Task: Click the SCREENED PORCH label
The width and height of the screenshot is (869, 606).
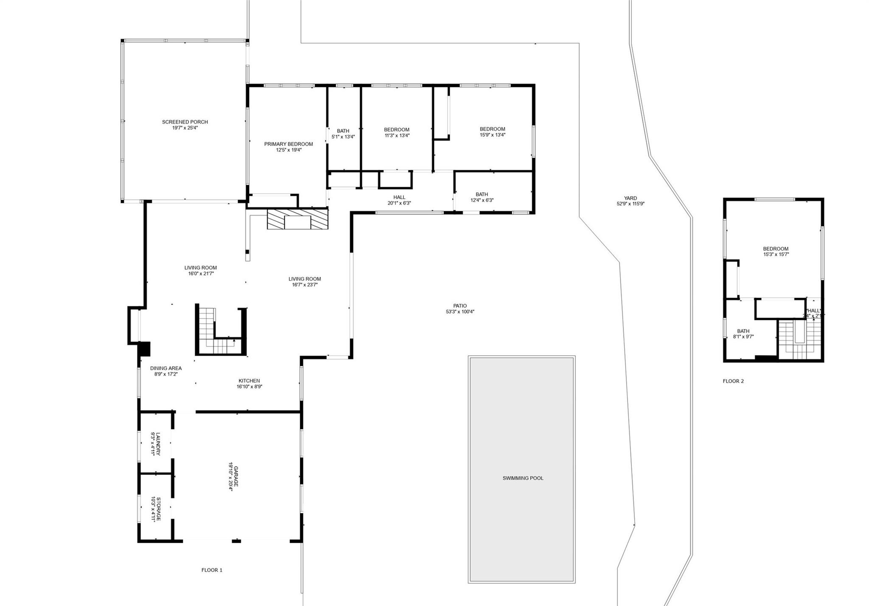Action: pyautogui.click(x=185, y=122)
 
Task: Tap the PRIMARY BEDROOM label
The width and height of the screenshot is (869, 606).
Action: pyautogui.click(x=289, y=144)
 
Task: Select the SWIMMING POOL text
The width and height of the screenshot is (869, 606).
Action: pyautogui.click(x=523, y=478)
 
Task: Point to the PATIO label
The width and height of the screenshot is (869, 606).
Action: pyautogui.click(x=460, y=306)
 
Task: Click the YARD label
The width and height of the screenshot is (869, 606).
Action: pyautogui.click(x=631, y=198)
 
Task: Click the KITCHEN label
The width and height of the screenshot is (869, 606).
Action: pyautogui.click(x=249, y=381)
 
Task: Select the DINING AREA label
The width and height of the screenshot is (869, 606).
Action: pyautogui.click(x=166, y=368)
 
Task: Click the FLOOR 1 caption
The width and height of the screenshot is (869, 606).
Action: pyautogui.click(x=212, y=570)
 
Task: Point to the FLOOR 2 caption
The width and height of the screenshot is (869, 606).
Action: pyautogui.click(x=733, y=381)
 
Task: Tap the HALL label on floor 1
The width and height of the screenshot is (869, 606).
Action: pyautogui.click(x=399, y=197)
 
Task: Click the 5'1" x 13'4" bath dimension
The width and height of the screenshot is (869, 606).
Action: pyautogui.click(x=343, y=137)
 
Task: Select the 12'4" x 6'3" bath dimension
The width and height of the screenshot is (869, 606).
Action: pyautogui.click(x=482, y=200)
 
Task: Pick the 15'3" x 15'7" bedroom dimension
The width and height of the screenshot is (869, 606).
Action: pyautogui.click(x=776, y=255)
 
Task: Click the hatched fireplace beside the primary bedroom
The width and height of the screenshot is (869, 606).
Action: pyautogui.click(x=297, y=219)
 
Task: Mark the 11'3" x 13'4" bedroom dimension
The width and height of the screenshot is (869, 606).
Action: pyautogui.click(x=397, y=136)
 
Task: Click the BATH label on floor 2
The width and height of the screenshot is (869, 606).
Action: pyautogui.click(x=743, y=331)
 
